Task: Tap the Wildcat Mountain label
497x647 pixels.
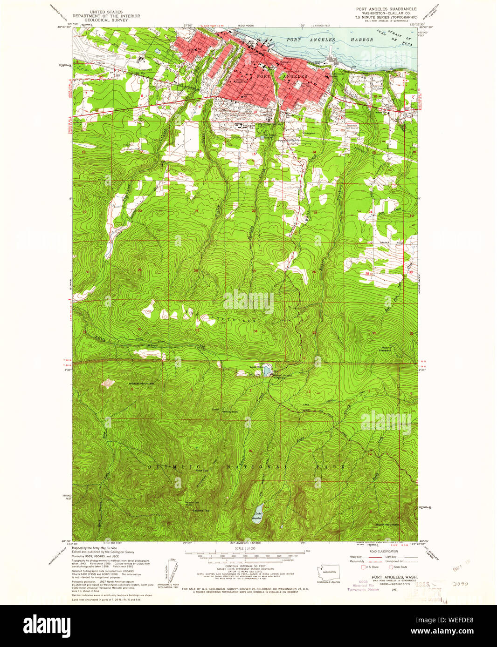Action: [142, 384]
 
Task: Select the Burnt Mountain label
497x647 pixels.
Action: [387, 525]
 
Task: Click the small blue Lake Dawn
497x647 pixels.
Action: [266, 371]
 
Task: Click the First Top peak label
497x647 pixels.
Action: [201, 471]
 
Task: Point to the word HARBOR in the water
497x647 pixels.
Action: [362, 40]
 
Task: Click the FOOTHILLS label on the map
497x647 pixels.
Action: [233, 321]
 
